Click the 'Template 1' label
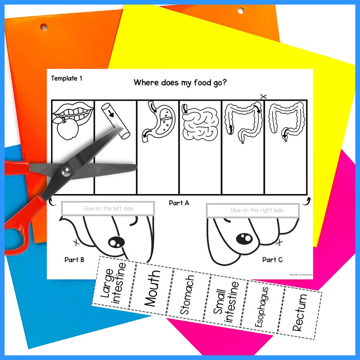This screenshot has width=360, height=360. [67, 78]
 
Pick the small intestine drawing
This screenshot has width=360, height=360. [199, 122]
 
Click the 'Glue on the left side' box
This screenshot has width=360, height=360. [108, 209]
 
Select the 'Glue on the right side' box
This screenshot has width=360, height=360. [253, 210]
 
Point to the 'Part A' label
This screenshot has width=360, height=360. [179, 203]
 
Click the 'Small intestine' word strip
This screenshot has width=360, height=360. [226, 302]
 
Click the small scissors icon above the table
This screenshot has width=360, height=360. [263, 96]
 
